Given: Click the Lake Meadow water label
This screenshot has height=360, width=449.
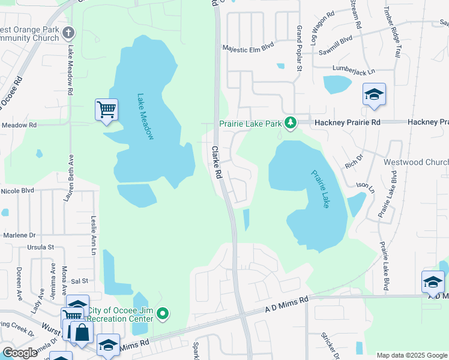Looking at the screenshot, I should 145,116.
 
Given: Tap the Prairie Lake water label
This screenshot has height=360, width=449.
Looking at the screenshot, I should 320,189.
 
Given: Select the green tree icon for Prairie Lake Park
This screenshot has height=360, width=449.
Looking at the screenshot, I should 291,123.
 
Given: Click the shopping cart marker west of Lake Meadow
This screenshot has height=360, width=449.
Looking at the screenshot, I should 106,110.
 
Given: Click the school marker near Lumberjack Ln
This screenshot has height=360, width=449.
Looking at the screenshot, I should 374,94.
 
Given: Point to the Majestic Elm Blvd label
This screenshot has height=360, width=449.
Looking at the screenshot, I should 248,47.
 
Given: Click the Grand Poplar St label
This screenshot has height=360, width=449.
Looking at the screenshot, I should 298,48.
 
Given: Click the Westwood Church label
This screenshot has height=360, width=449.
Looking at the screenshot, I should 424,163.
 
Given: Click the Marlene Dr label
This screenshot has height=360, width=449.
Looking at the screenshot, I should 20,235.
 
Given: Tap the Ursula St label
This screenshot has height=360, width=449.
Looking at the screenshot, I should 41,247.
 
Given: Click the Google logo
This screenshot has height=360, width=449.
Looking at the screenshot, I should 20,353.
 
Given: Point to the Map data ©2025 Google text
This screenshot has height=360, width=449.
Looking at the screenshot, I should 411,355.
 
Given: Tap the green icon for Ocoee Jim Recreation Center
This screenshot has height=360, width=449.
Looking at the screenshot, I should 163,313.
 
